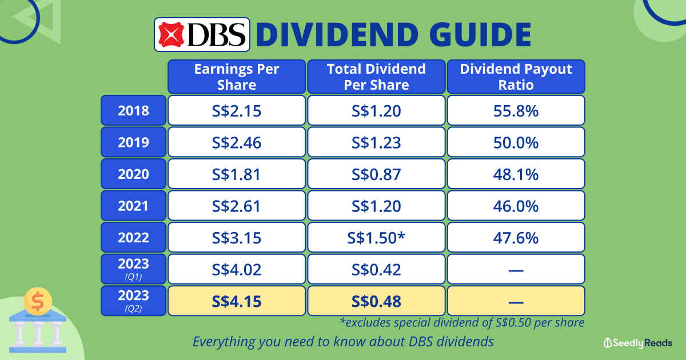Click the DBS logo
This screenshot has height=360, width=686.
coord(202,34)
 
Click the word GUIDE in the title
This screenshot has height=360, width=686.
coord(481,34)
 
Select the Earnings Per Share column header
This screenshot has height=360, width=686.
coord(237,77)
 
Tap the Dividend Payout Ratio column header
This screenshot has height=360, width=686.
coord(516,77)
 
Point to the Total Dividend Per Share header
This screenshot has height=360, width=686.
coord(376,77)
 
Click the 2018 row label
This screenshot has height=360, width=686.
coord(134,110)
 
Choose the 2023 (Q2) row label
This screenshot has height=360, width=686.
coord(134,301)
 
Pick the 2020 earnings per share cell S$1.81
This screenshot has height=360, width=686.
coord(237,174)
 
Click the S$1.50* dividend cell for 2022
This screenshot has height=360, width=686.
coord(376,237)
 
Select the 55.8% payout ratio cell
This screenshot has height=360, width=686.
coord(516,110)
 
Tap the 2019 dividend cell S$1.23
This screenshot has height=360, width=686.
coord(376,142)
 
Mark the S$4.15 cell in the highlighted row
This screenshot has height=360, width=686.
coord(237,301)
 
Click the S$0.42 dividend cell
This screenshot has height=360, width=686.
coord(376,269)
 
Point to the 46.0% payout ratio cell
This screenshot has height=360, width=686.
coord(516,205)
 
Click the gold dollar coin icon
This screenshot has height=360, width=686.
coord(38,302)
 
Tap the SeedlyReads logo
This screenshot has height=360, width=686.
coord(638,343)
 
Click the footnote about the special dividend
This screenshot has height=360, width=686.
coord(462,323)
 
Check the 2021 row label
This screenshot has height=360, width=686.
coord(134,205)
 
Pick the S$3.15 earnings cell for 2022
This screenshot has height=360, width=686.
coord(237,237)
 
